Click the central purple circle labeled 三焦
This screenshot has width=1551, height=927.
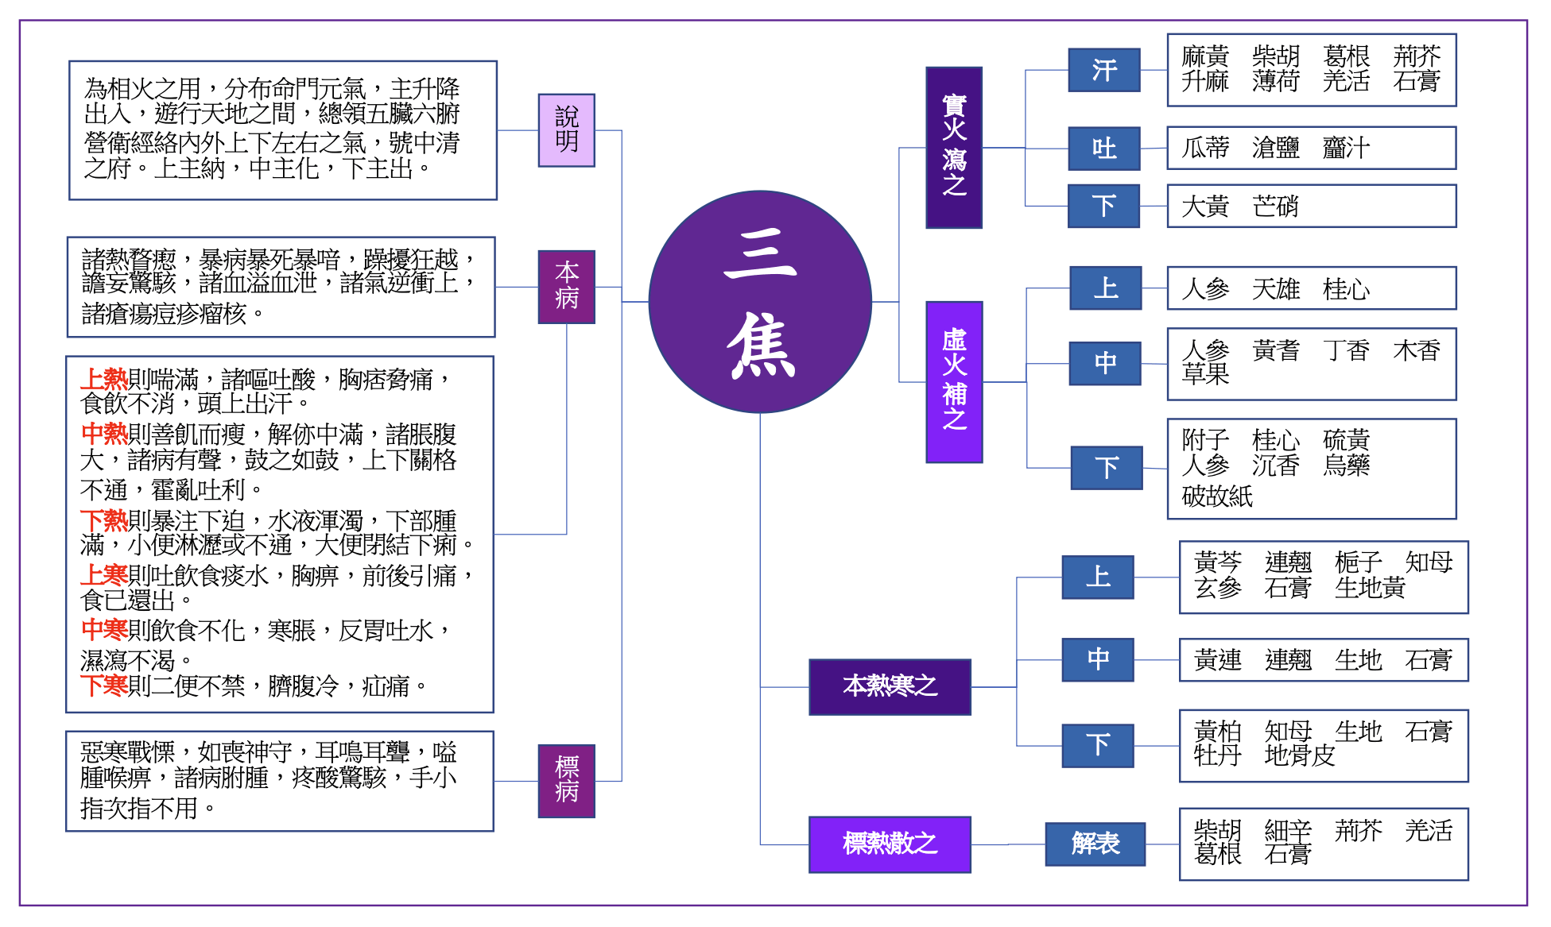tap(759, 302)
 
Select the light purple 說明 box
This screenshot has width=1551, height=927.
tap(566, 130)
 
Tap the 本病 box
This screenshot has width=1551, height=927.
tap(566, 287)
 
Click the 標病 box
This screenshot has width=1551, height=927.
tap(566, 781)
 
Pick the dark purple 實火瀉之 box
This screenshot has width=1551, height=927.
tap(954, 148)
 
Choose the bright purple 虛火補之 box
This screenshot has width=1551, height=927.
tap(954, 382)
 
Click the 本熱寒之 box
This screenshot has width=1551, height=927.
tap(890, 687)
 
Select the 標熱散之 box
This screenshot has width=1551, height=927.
tap(890, 844)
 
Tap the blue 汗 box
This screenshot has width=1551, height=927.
tap(1104, 70)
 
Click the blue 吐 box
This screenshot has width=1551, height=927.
tap(1104, 149)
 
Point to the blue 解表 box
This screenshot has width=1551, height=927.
tap(1095, 844)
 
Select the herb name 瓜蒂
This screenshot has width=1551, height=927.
tap(1205, 149)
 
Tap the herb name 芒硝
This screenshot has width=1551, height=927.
tap(1275, 207)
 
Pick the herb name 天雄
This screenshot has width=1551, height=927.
tap(1275, 289)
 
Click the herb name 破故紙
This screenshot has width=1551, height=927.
tap(1217, 497)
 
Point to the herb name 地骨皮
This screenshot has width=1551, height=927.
tap(1299, 755)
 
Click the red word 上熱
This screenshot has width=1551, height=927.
tap(104, 380)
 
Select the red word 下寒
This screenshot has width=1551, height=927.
tap(104, 686)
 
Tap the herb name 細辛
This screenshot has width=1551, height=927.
tap(1288, 832)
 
